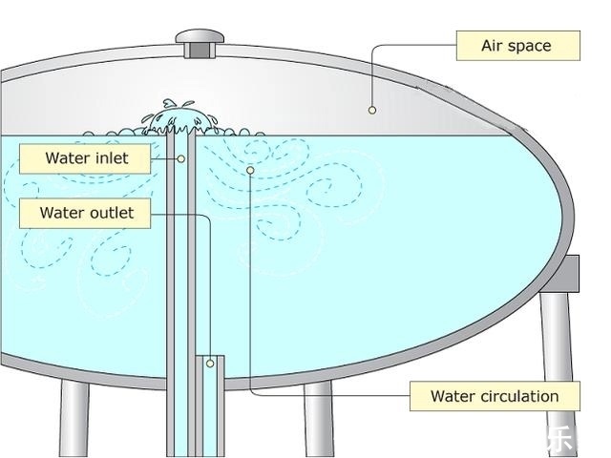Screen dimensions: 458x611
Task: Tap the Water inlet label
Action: (x=86, y=157)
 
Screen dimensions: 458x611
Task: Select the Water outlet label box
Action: (x=87, y=213)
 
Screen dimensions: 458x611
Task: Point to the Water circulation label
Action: (x=494, y=396)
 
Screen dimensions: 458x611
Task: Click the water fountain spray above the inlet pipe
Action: (x=178, y=116)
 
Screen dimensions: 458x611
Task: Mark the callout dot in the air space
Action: (x=372, y=110)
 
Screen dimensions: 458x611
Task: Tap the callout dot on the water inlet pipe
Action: (x=180, y=157)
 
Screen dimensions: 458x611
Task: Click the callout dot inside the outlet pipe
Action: (x=210, y=364)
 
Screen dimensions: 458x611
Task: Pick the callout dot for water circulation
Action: (x=250, y=170)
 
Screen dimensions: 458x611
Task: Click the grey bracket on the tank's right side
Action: (x=569, y=274)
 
